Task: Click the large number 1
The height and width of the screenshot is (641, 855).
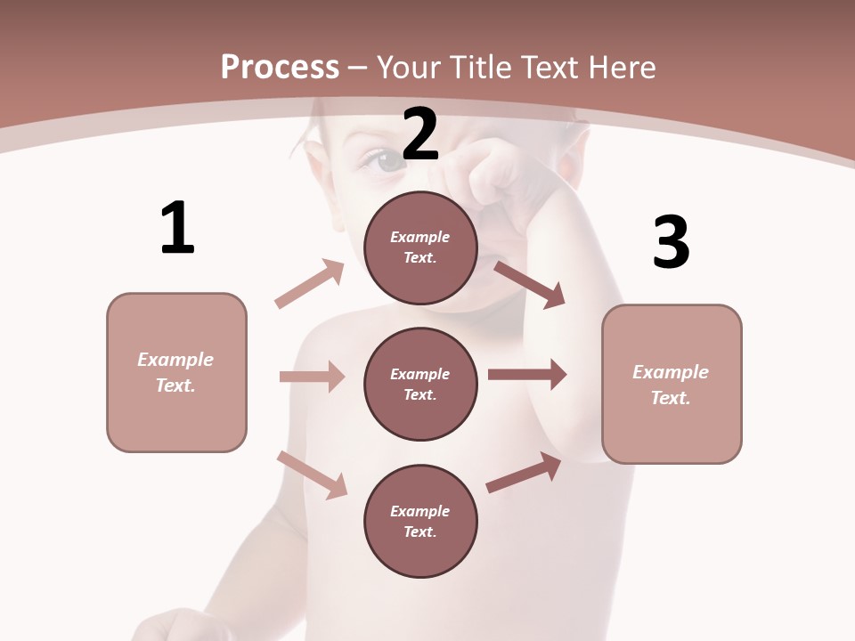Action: [x=177, y=228]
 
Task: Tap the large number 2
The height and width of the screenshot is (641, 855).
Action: [x=420, y=134]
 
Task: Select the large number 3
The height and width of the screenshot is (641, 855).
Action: [x=671, y=242]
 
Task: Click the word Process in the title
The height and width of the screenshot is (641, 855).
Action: [x=280, y=67]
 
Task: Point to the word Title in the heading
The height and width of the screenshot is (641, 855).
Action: [x=479, y=67]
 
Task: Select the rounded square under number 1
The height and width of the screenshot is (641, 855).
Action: [x=176, y=372]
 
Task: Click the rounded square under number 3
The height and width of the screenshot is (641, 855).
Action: [x=672, y=384]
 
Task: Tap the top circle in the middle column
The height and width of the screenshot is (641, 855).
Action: [x=420, y=247]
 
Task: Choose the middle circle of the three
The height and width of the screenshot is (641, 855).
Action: [x=420, y=384]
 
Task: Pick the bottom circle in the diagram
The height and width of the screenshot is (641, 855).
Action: [x=420, y=521]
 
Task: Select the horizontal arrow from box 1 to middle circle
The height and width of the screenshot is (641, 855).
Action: [x=312, y=377]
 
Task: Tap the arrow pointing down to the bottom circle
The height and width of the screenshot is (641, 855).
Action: [x=313, y=475]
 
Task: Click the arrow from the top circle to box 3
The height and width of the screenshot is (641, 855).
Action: [x=529, y=284]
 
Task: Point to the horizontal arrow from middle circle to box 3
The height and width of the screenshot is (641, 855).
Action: [x=527, y=375]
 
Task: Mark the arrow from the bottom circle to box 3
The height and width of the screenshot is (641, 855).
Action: [x=524, y=473]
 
